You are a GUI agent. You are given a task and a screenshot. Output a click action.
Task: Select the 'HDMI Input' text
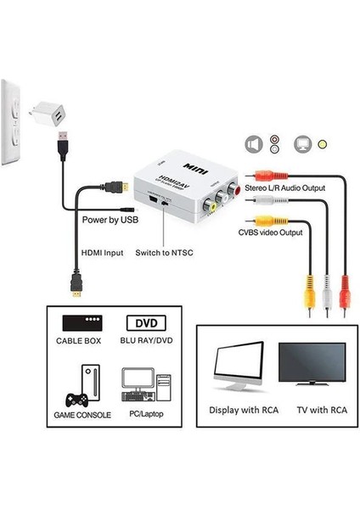[x=103, y=252]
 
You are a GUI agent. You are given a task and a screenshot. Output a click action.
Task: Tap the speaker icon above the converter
[x=252, y=143]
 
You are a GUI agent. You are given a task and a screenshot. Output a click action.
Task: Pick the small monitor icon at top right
[x=301, y=143]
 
